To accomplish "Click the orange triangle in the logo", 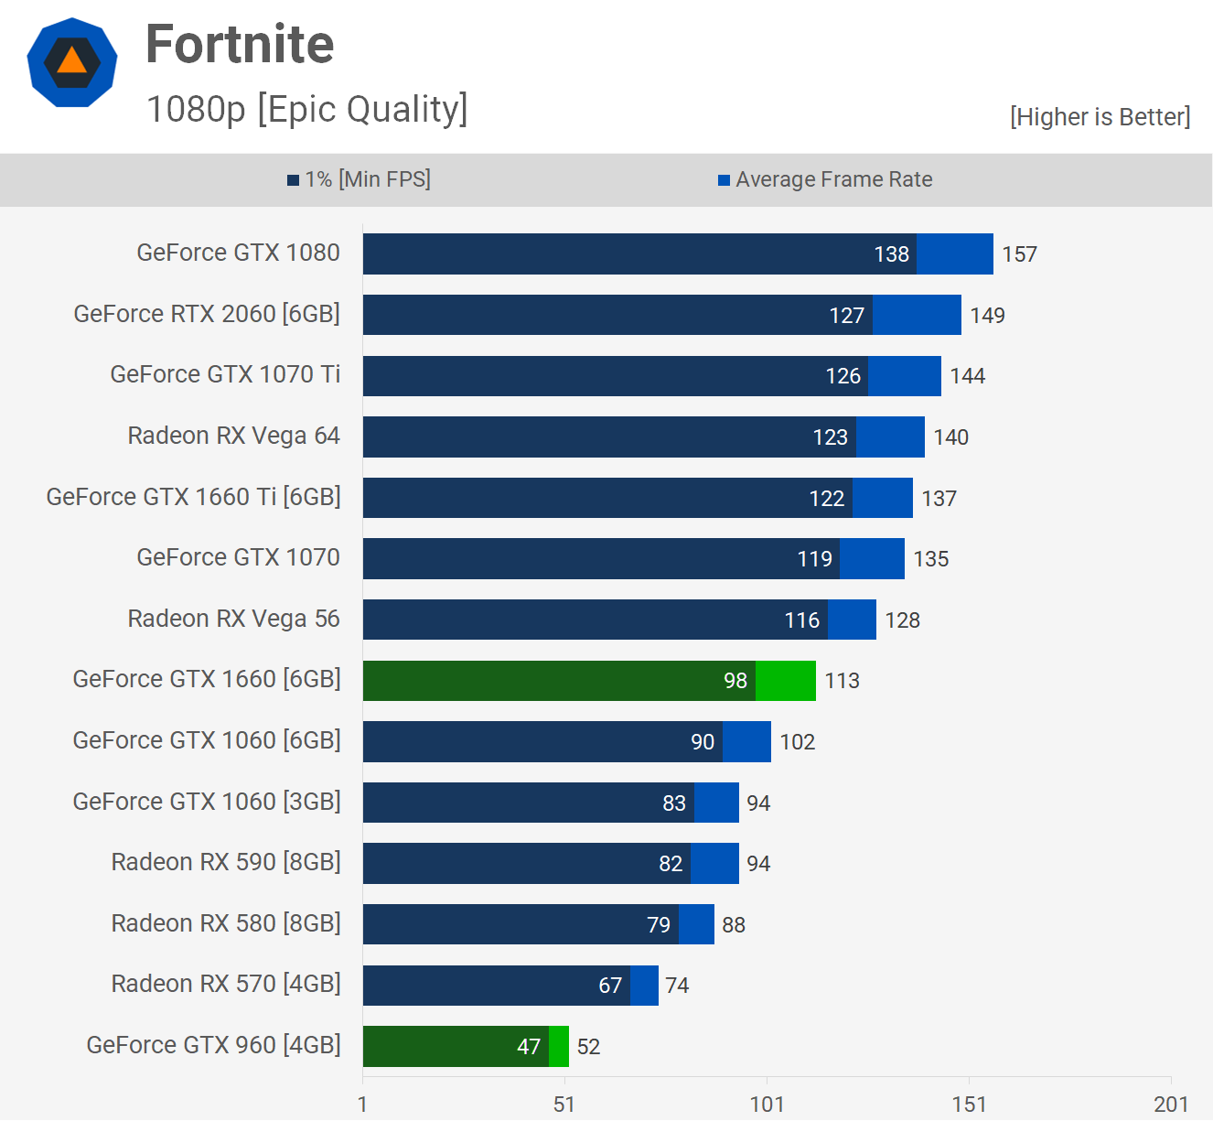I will pyautogui.click(x=71, y=61).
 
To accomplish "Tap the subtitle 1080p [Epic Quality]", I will pyautogui.click(x=306, y=109).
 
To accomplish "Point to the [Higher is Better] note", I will pyautogui.click(x=1100, y=117).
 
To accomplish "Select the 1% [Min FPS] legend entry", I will pyautogui.click(x=359, y=179).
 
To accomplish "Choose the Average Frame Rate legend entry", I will pyautogui.click(x=825, y=179).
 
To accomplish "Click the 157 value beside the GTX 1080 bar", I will pyautogui.click(x=1019, y=254).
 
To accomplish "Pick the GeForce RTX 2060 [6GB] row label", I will pyautogui.click(x=207, y=314).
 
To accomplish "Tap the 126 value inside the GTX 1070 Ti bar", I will pyautogui.click(x=843, y=376).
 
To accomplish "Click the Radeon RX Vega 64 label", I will pyautogui.click(x=233, y=436).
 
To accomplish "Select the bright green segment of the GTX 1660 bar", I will pyautogui.click(x=786, y=681).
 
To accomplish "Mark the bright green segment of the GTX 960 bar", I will pyautogui.click(x=558, y=1047).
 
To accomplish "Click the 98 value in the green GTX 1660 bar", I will pyautogui.click(x=735, y=681).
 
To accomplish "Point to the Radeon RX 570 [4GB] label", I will pyautogui.click(x=226, y=984).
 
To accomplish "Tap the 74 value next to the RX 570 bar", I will pyautogui.click(x=677, y=986).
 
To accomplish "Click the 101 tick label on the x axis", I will pyautogui.click(x=767, y=1105).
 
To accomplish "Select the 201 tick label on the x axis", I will pyautogui.click(x=1171, y=1105).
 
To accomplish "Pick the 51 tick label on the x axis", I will pyautogui.click(x=564, y=1105).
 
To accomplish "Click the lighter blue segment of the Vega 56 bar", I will pyautogui.click(x=852, y=620).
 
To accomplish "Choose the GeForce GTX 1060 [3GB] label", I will pyautogui.click(x=207, y=802).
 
